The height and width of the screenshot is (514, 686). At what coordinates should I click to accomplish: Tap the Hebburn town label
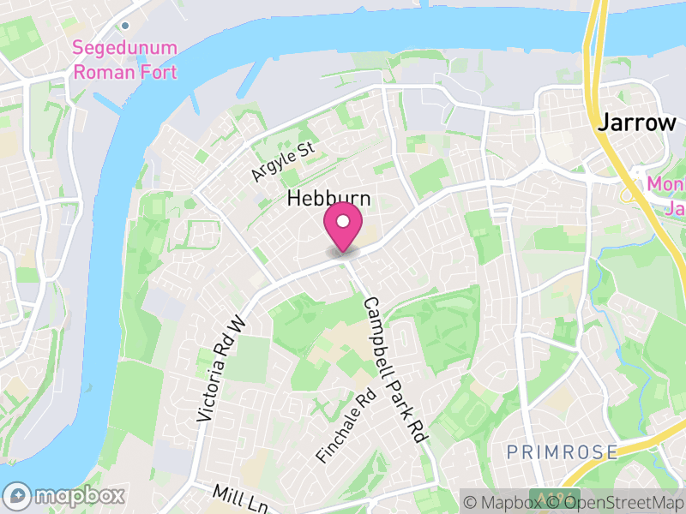click(x=329, y=199)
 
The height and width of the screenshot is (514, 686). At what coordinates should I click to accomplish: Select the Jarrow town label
click(x=636, y=122)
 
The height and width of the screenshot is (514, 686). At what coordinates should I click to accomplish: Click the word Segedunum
click(x=124, y=48)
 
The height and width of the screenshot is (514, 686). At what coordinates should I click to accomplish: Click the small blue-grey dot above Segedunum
click(x=125, y=26)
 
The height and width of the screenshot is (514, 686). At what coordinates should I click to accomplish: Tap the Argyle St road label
click(x=284, y=162)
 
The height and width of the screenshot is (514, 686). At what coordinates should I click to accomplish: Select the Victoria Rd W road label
click(x=221, y=368)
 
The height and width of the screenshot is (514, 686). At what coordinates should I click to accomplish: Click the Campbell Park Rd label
click(x=395, y=369)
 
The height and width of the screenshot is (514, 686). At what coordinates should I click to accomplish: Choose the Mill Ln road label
click(x=236, y=496)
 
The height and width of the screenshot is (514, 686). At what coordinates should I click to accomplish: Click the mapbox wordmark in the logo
click(x=80, y=495)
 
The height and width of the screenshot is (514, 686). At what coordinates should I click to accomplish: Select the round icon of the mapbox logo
click(x=18, y=495)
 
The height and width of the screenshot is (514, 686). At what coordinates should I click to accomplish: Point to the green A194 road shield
click(x=544, y=498)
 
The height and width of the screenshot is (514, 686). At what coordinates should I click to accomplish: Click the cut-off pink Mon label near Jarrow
click(x=664, y=183)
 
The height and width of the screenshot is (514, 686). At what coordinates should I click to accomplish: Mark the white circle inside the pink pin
click(x=343, y=222)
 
